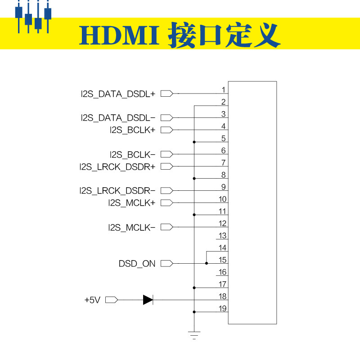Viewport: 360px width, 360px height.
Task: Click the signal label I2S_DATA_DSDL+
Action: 117,94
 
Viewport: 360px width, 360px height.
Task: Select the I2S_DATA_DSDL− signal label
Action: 117,118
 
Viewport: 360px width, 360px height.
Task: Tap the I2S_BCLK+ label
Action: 132,130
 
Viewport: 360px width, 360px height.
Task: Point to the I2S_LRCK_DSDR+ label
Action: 117,166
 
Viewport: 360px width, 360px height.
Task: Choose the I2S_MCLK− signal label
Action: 131,227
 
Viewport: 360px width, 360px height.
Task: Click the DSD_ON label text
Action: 137,264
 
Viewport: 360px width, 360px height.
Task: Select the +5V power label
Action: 92,300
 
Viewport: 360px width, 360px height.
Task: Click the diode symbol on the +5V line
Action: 148,300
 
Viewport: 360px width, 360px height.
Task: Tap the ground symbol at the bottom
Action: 194,335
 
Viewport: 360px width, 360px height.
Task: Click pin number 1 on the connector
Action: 223,90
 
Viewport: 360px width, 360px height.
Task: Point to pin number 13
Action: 222,236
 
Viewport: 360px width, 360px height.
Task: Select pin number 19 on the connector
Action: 222,309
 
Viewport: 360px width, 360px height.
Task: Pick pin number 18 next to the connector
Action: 222,297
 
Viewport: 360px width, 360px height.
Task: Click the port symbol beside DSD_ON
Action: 166,264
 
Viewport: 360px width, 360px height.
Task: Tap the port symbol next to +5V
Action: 111,300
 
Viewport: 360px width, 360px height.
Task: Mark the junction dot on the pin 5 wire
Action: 194,142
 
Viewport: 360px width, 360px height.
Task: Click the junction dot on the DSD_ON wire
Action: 207,264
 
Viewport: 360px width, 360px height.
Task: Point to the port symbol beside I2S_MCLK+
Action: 166,203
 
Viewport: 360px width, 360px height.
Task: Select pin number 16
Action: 222,272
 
